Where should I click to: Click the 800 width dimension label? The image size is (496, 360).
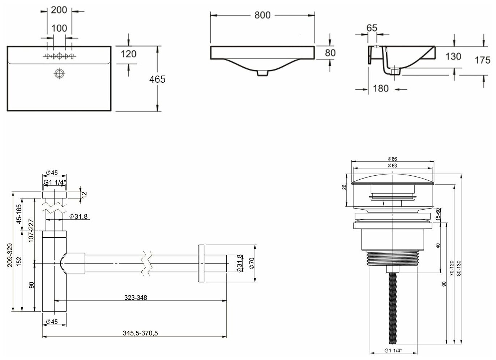pos(262,15)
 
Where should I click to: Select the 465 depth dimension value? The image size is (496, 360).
pos(157,79)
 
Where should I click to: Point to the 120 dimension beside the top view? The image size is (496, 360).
pos(128,54)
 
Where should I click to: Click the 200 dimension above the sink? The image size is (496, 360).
pos(59,10)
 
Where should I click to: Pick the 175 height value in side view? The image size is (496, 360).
pos(482,60)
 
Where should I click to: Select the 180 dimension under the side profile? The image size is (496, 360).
pos(381,88)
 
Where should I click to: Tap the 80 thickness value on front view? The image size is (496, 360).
pos(330,53)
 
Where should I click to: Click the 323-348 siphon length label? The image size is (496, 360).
pos(136,297)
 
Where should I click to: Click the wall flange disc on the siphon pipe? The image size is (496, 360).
pos(201,263)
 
